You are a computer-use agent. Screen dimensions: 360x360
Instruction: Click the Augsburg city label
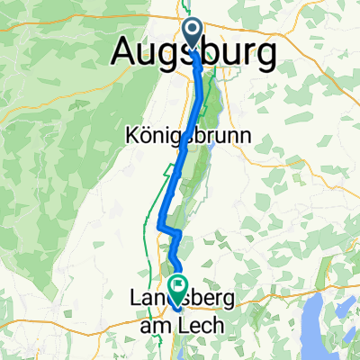click(x=193, y=55)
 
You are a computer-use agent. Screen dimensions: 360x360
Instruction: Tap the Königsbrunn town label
click(x=187, y=136)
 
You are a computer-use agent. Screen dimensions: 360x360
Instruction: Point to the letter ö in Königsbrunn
click(x=144, y=136)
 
